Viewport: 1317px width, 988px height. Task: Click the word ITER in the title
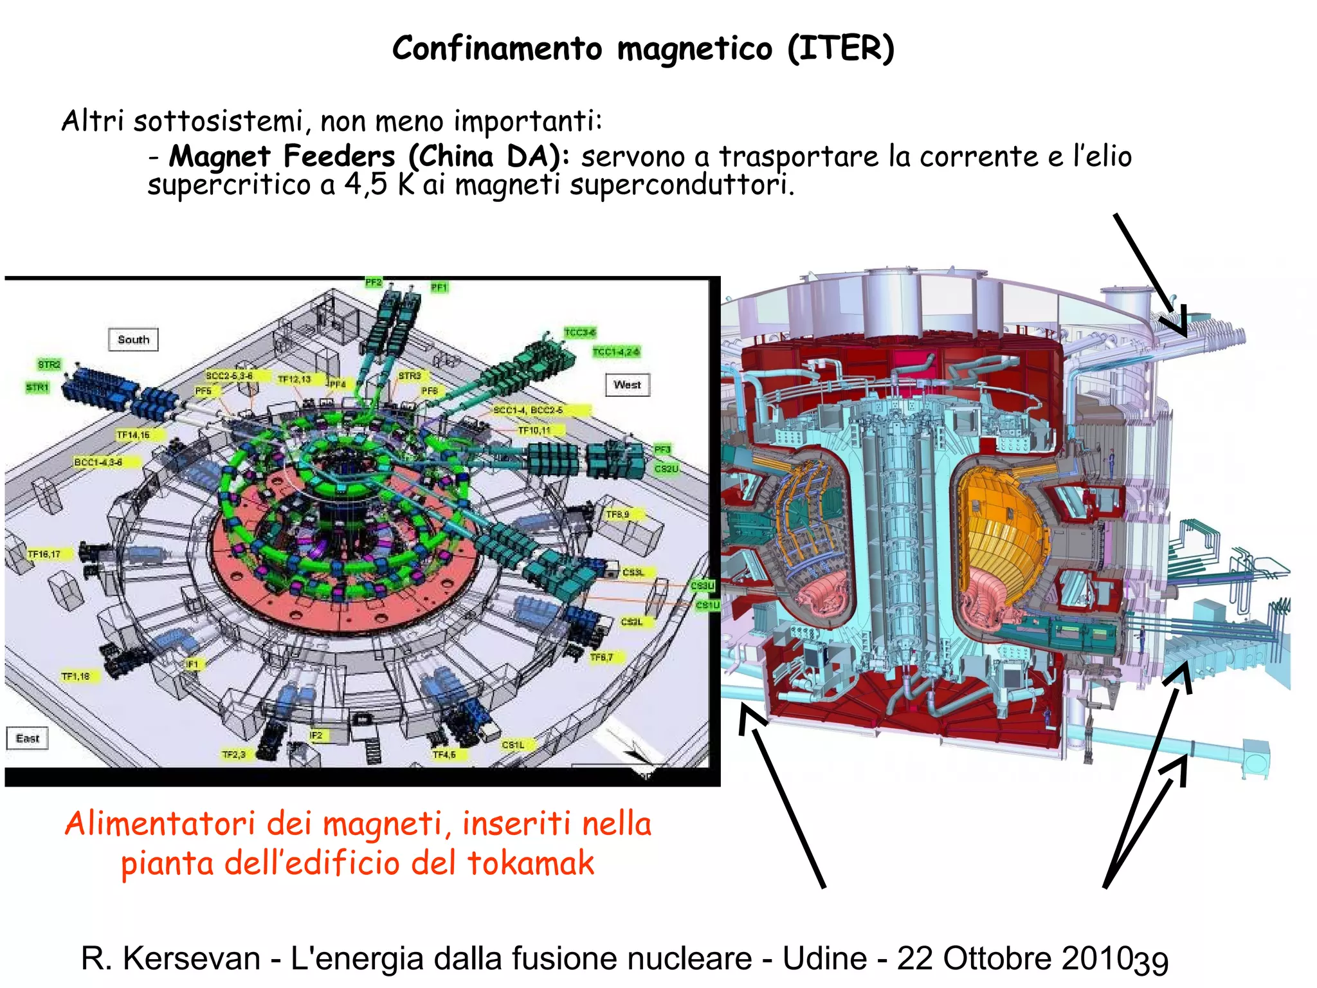click(x=840, y=49)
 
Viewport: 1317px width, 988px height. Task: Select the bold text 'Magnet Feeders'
click(x=282, y=156)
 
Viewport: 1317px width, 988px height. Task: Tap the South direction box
click(x=133, y=340)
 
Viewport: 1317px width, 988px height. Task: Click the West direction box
click(x=627, y=385)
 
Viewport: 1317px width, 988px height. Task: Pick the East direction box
click(x=27, y=738)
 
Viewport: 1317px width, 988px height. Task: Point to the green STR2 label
click(x=49, y=365)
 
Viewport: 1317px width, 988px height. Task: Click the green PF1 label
click(x=439, y=288)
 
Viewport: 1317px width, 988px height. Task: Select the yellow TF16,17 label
click(x=44, y=554)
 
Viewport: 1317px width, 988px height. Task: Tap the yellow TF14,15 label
click(x=133, y=435)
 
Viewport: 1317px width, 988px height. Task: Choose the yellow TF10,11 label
click(x=534, y=430)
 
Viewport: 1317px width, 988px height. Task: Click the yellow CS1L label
click(x=513, y=744)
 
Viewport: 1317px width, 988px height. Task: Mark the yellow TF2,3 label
click(x=234, y=754)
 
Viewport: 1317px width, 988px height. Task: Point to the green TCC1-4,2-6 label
click(x=616, y=352)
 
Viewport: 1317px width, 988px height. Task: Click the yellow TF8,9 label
click(x=617, y=515)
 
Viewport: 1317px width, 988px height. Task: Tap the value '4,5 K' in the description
click(x=379, y=185)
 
